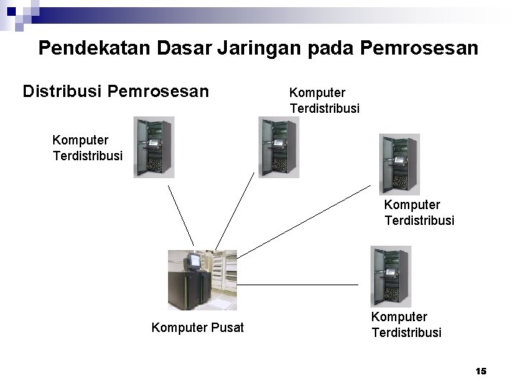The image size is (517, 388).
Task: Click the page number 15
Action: (x=481, y=371)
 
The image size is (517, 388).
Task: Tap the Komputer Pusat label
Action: (x=197, y=328)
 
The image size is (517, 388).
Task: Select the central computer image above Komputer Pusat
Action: (x=202, y=280)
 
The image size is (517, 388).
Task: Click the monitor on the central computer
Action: (x=193, y=259)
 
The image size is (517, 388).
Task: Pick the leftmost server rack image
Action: (x=153, y=147)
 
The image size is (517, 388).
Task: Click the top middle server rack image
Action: (x=278, y=147)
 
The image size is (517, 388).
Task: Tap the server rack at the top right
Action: (x=399, y=164)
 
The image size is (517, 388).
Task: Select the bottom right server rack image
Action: (x=390, y=276)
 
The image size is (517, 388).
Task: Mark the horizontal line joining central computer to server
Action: (x=298, y=285)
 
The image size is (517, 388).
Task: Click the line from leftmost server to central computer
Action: (x=182, y=214)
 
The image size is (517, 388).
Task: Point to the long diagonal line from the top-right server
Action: (x=309, y=223)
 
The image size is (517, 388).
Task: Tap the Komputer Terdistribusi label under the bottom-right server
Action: (x=406, y=325)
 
